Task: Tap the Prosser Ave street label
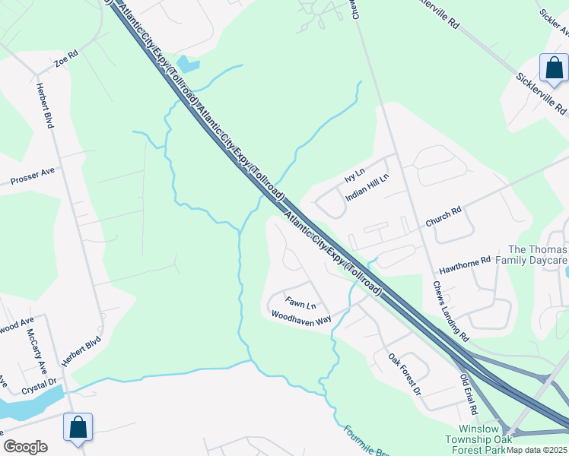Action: (x=33, y=176)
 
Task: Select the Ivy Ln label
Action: (x=355, y=174)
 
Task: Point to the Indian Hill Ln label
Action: (x=367, y=187)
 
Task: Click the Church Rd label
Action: (x=443, y=217)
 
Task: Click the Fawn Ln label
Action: (x=301, y=303)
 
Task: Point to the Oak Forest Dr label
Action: (x=404, y=374)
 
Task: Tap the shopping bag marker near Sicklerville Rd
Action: (x=553, y=68)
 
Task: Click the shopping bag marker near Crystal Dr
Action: (x=78, y=427)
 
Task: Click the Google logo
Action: (x=26, y=447)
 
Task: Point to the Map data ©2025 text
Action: (x=537, y=450)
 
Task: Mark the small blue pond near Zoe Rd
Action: (x=187, y=65)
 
